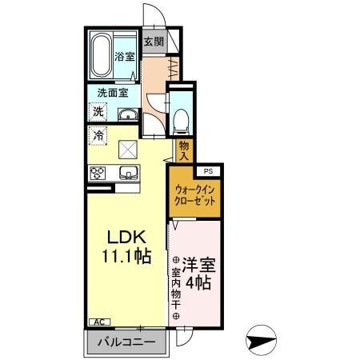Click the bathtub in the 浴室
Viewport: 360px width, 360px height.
point(102,54)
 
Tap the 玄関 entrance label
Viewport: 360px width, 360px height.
point(154,42)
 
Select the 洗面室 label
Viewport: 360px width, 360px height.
point(113,93)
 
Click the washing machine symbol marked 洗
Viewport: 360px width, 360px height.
point(98,112)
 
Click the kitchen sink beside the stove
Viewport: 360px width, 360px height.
point(127,172)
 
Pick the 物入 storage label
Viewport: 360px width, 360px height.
point(185,150)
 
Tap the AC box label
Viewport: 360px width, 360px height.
point(100,322)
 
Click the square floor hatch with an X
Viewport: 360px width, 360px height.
point(127,149)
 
